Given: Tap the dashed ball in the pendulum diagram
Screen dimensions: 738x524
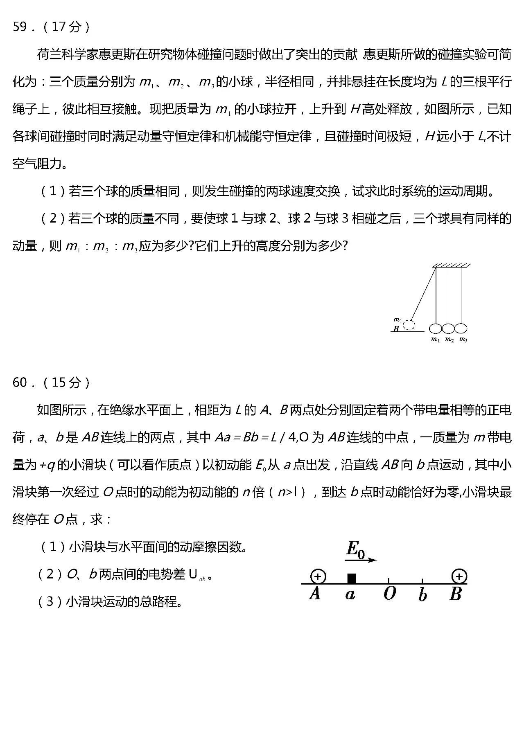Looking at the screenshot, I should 409,325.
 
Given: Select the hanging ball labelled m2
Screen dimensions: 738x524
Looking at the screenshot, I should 448,328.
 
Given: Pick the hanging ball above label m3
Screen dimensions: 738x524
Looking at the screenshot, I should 461,328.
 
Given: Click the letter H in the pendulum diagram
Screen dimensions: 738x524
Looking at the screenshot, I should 396,328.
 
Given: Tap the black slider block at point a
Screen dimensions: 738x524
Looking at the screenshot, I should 351,578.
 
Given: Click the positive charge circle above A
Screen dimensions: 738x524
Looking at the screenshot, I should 318,576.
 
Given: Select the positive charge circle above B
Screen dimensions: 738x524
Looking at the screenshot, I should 459,576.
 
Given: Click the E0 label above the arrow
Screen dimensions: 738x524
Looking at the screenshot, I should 355,549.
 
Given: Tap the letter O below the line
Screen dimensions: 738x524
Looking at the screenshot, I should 389,593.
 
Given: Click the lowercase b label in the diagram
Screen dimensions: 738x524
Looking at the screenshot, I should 422,594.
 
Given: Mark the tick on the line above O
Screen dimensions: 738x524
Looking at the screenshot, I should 389,580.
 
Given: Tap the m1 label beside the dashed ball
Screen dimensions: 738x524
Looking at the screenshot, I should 398,320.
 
